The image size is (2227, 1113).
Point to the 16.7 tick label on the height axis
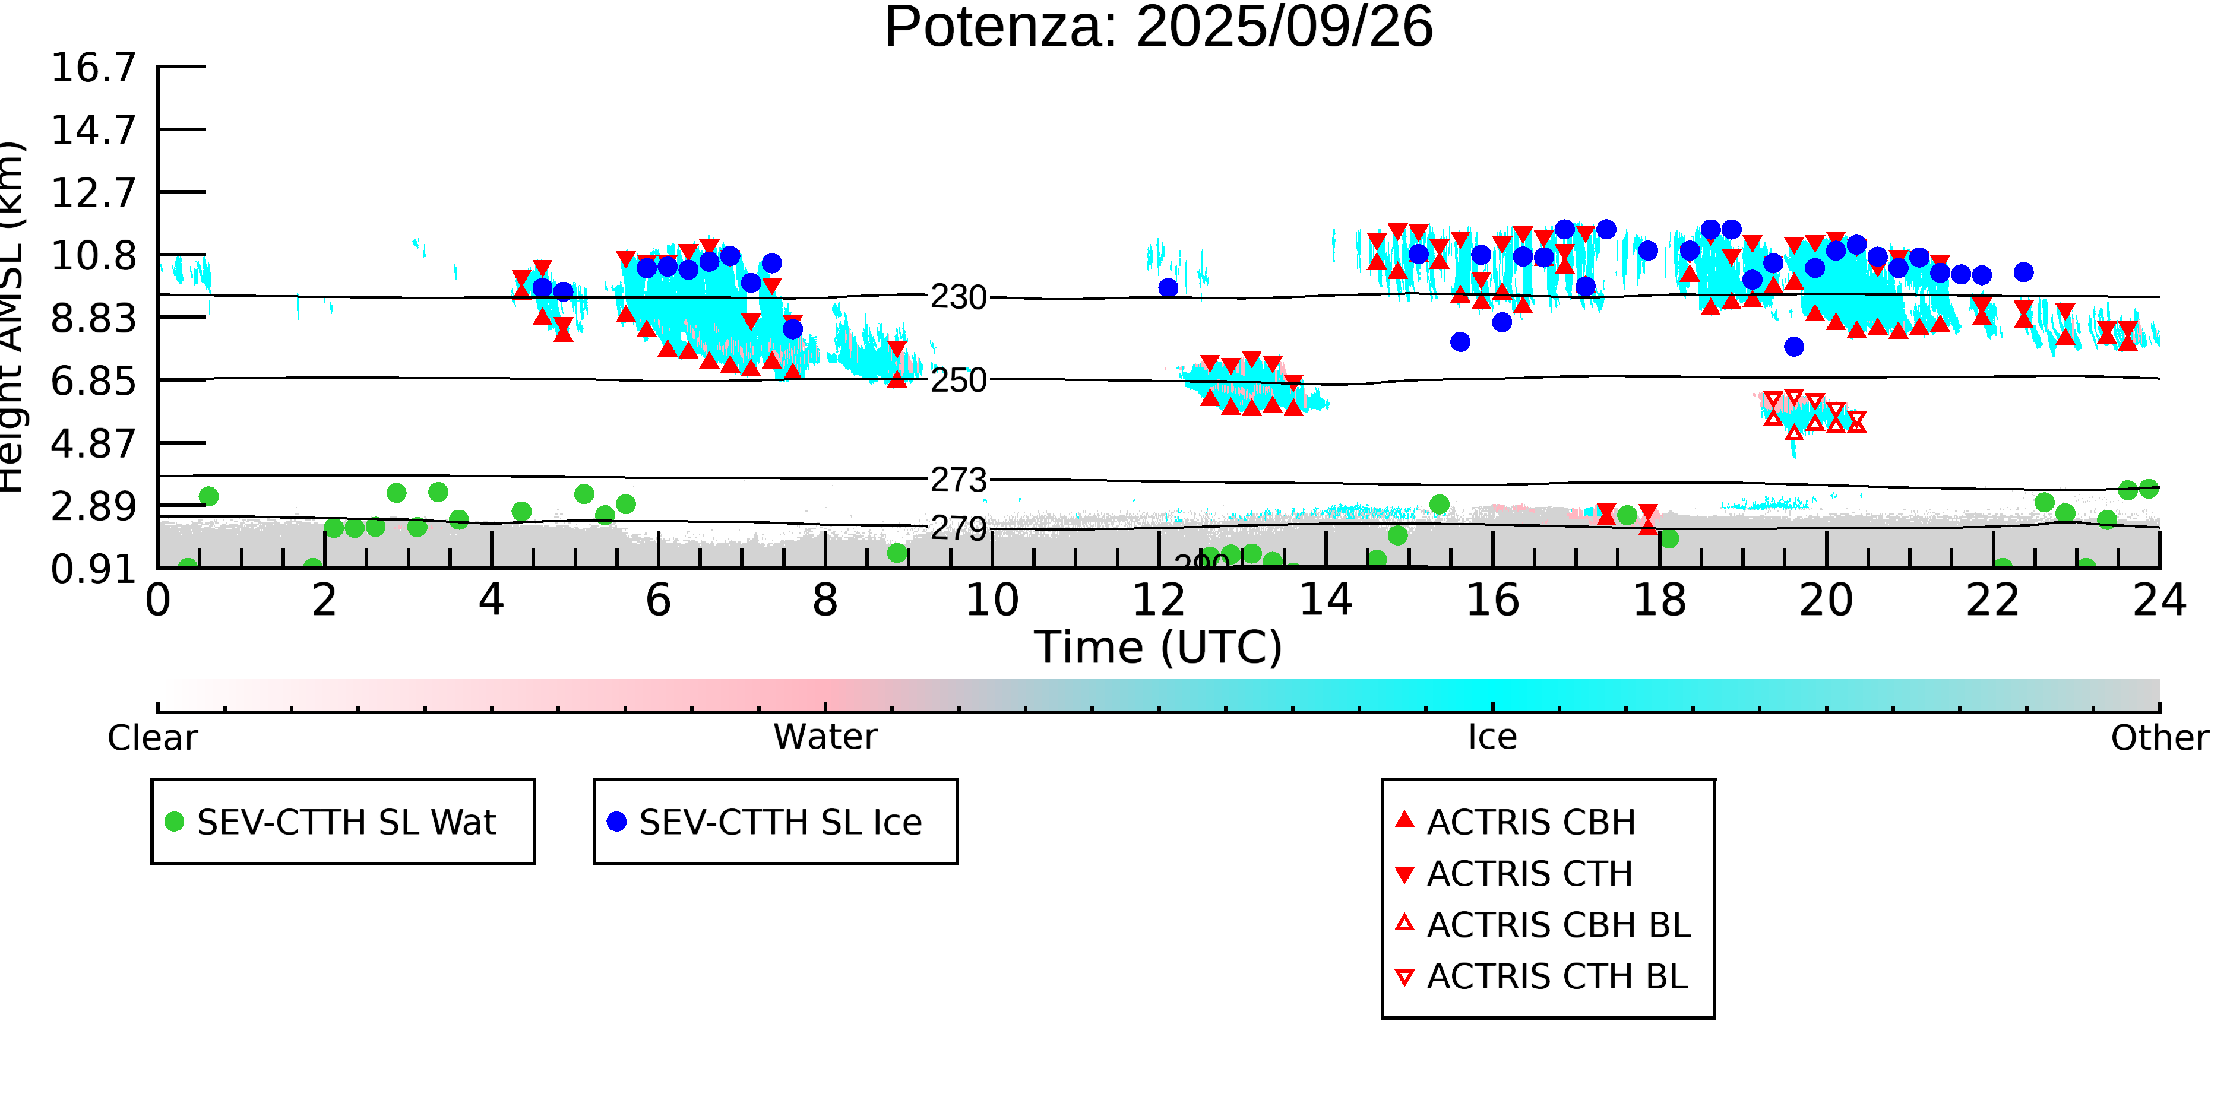click(x=93, y=68)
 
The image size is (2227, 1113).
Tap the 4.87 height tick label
click(x=93, y=444)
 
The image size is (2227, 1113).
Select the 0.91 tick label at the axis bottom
click(x=93, y=569)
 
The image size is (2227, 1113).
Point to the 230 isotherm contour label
click(x=958, y=298)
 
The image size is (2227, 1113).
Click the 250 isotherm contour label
click(x=958, y=380)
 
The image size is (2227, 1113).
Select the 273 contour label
click(x=958, y=480)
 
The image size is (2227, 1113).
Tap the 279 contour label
click(x=958, y=528)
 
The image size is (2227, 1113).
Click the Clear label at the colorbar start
click(x=152, y=738)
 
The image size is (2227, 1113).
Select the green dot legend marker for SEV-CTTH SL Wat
click(x=175, y=822)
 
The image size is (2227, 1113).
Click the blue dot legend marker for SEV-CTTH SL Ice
click(x=616, y=822)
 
